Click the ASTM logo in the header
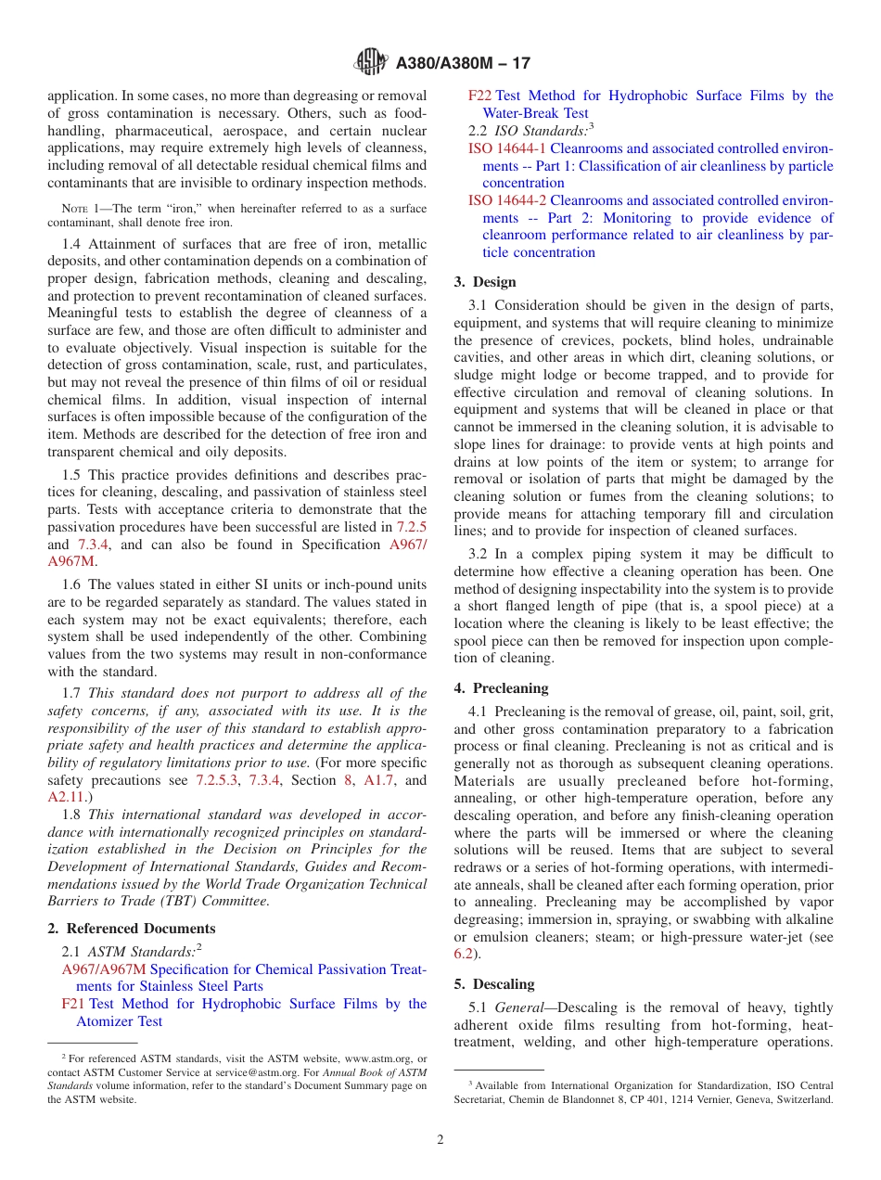coord(372,63)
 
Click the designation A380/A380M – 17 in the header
coord(463,64)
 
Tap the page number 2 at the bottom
coord(440,1139)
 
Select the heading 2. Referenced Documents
coord(132,929)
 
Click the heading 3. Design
coord(485,282)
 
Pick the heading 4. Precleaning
coord(501,688)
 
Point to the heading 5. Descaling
coord(494,984)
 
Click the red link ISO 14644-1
coord(507,148)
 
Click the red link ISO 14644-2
coord(507,200)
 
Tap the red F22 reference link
coord(479,96)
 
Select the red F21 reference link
coord(73,1004)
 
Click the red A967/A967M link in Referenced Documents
coord(104,969)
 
